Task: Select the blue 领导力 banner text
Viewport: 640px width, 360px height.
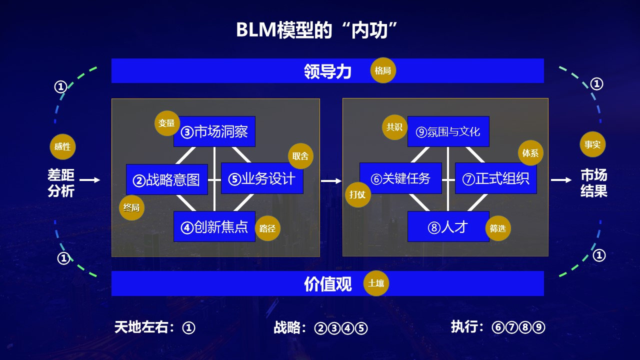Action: click(x=327, y=71)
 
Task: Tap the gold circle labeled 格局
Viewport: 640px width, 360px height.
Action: click(x=383, y=70)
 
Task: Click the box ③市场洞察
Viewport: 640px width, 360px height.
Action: click(x=214, y=132)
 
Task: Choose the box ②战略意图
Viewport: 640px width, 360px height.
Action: click(x=166, y=179)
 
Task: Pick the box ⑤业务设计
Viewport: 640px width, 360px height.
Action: click(x=262, y=179)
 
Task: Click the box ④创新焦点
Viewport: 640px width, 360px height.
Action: click(x=214, y=227)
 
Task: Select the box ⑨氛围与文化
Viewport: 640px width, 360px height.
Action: click(x=448, y=132)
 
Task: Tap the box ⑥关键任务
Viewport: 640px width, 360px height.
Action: click(x=400, y=178)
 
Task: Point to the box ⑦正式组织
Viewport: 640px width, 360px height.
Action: click(x=495, y=178)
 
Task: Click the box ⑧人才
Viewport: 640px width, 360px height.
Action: click(x=448, y=227)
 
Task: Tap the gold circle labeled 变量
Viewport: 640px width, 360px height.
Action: click(x=167, y=123)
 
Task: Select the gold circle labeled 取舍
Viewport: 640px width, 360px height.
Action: click(x=300, y=156)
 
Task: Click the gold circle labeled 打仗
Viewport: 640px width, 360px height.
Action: click(x=358, y=194)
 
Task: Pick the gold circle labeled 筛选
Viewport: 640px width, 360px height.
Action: click(x=498, y=228)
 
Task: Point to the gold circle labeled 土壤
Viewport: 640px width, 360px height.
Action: click(x=376, y=283)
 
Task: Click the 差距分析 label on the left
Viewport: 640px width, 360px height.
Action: click(x=61, y=183)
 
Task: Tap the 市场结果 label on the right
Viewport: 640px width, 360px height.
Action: click(x=593, y=183)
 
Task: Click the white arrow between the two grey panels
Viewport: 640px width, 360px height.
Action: click(x=331, y=180)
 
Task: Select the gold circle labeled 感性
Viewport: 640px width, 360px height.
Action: click(x=62, y=147)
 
